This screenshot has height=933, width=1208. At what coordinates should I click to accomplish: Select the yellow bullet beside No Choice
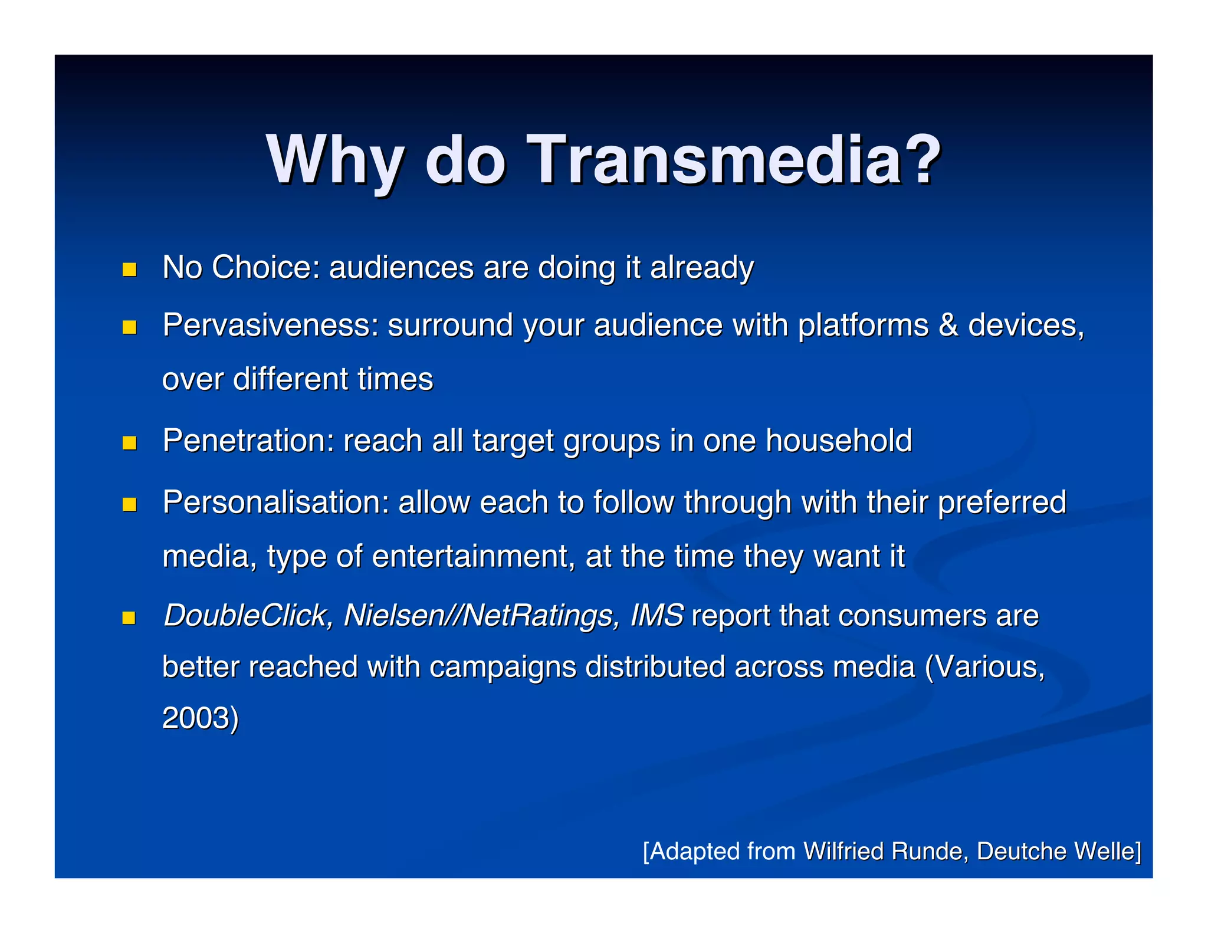click(129, 270)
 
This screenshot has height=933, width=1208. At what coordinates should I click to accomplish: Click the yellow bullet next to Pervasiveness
click(129, 327)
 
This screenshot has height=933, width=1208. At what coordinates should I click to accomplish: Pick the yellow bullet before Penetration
click(129, 443)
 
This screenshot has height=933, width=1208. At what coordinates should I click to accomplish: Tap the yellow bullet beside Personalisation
click(129, 504)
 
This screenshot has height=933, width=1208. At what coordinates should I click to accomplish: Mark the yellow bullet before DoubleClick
click(129, 617)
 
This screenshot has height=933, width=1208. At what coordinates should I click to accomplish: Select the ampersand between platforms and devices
click(948, 325)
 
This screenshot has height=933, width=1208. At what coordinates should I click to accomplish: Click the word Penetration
click(248, 441)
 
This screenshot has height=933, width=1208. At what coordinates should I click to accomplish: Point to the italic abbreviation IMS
click(656, 616)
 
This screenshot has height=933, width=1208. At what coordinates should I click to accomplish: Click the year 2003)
click(201, 718)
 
